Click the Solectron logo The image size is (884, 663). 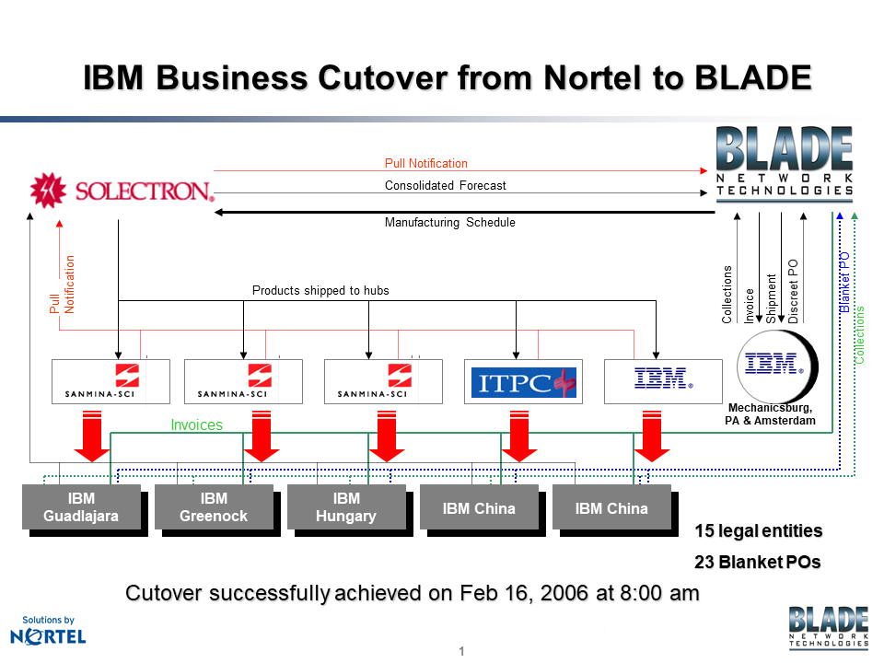tap(122, 191)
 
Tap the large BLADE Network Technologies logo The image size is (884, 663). tap(785, 163)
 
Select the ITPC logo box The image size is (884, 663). tap(523, 381)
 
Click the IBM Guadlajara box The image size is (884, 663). tap(81, 507)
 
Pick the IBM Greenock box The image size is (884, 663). tap(214, 507)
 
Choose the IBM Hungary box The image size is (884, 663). tap(346, 507)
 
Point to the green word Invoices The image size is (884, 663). tap(197, 425)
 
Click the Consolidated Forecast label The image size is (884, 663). tap(445, 185)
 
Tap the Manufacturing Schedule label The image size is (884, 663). tap(449, 222)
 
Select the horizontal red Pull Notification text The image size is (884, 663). tap(425, 164)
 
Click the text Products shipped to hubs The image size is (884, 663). tap(320, 290)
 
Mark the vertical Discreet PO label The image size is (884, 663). tap(793, 290)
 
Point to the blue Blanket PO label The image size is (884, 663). tap(843, 282)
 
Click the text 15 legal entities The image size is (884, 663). tap(758, 531)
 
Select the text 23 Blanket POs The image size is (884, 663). tap(758, 562)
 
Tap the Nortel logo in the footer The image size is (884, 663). tap(48, 633)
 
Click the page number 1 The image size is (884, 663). tap(461, 652)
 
